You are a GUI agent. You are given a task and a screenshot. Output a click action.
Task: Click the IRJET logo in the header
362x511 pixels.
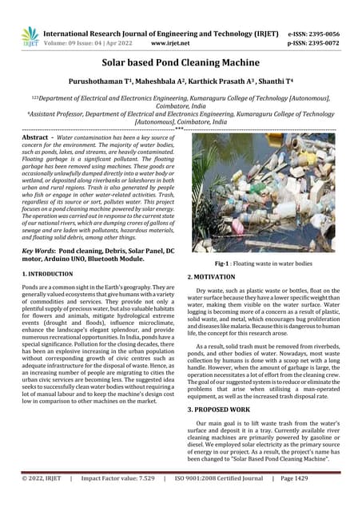click(x=30, y=35)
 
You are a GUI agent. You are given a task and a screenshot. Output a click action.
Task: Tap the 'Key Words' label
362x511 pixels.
click(x=38, y=251)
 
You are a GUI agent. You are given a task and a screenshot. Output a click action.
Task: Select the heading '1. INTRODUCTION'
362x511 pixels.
click(x=50, y=274)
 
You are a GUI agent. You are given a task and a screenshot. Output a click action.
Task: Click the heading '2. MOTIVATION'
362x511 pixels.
click(x=214, y=276)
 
